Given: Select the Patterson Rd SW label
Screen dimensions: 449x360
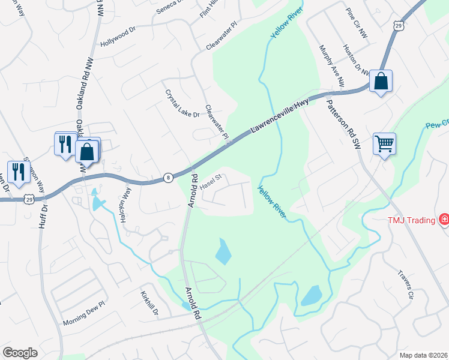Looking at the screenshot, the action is (342, 124).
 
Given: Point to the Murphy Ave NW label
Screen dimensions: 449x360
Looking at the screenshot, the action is (331, 66).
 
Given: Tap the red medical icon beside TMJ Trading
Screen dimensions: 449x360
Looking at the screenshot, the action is (444, 220).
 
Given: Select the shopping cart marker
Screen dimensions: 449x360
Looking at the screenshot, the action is (384, 143).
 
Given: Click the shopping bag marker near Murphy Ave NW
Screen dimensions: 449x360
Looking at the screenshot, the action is (381, 81).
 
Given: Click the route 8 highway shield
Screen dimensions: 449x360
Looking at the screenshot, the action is (169, 178).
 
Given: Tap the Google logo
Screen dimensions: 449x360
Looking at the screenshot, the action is (20, 353).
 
